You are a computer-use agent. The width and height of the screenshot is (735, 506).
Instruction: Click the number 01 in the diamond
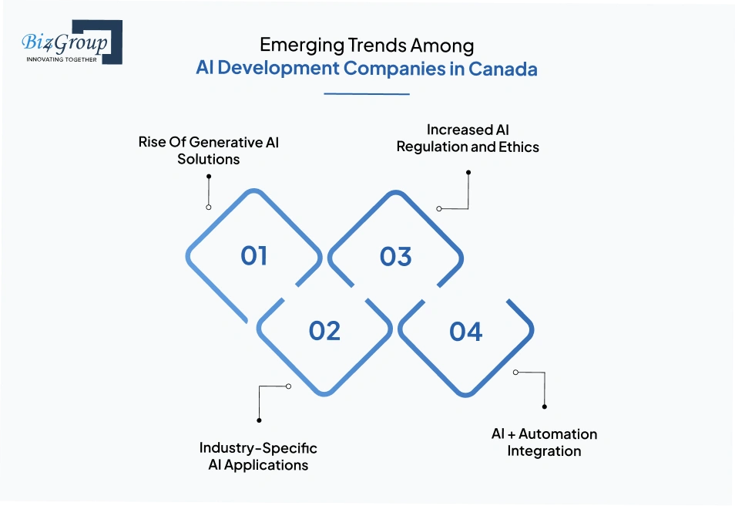pyautogui.click(x=254, y=256)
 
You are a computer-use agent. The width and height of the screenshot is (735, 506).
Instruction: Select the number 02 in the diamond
pyautogui.click(x=324, y=331)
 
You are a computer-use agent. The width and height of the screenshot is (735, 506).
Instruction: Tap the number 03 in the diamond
pyautogui.click(x=396, y=256)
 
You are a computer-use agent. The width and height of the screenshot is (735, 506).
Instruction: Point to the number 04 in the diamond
pyautogui.click(x=466, y=332)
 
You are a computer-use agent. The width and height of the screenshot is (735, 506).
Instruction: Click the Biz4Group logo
pyautogui.click(x=71, y=42)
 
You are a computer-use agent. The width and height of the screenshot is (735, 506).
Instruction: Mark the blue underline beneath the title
pyautogui.click(x=367, y=94)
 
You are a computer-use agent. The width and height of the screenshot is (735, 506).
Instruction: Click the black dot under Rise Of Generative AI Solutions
pyautogui.click(x=209, y=176)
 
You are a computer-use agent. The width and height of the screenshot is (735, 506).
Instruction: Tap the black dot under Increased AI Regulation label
pyautogui.click(x=468, y=173)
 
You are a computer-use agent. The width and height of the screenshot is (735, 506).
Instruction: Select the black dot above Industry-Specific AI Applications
pyautogui.click(x=259, y=420)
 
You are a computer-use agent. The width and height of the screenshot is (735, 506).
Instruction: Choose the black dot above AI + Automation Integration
pyautogui.click(x=545, y=406)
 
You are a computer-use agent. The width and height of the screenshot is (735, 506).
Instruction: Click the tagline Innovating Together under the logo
pyautogui.click(x=62, y=59)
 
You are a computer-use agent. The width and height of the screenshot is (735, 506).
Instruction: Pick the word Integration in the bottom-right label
pyautogui.click(x=544, y=450)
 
